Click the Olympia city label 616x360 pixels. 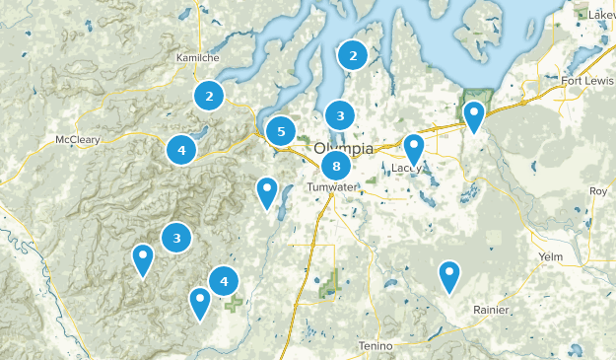(345, 148)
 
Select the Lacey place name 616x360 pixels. (406, 169)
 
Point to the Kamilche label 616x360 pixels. (195, 57)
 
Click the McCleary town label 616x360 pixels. (78, 139)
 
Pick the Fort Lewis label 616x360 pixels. (586, 80)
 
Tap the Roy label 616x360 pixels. (597, 190)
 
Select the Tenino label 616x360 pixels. (375, 345)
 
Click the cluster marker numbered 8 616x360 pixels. (336, 166)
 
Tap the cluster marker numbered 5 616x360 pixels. (281, 130)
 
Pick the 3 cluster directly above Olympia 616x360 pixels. (340, 116)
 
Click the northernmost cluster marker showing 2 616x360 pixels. (353, 56)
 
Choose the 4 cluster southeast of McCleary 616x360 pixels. (181, 150)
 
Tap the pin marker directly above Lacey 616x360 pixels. (414, 148)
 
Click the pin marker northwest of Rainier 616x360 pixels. (449, 275)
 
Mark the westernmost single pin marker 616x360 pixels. (144, 258)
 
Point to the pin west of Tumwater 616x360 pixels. (266, 191)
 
